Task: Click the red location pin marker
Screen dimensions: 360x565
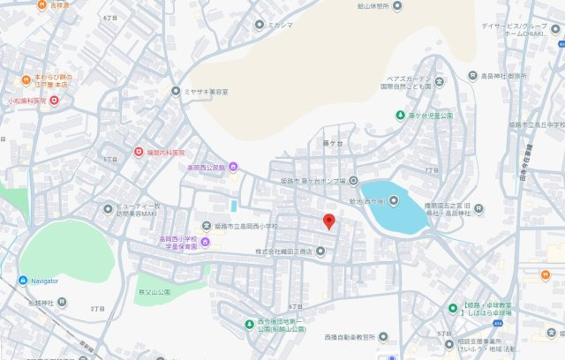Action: [x=328, y=221]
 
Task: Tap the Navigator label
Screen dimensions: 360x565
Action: [x=42, y=281]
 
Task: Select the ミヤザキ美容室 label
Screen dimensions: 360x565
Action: [x=206, y=91]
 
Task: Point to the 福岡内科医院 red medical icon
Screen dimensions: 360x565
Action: [x=138, y=152]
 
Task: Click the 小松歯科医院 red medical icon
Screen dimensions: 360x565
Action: [x=55, y=101]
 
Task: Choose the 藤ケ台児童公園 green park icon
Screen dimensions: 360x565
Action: [x=399, y=116]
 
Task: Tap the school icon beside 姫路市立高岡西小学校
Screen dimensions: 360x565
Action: [x=206, y=226]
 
